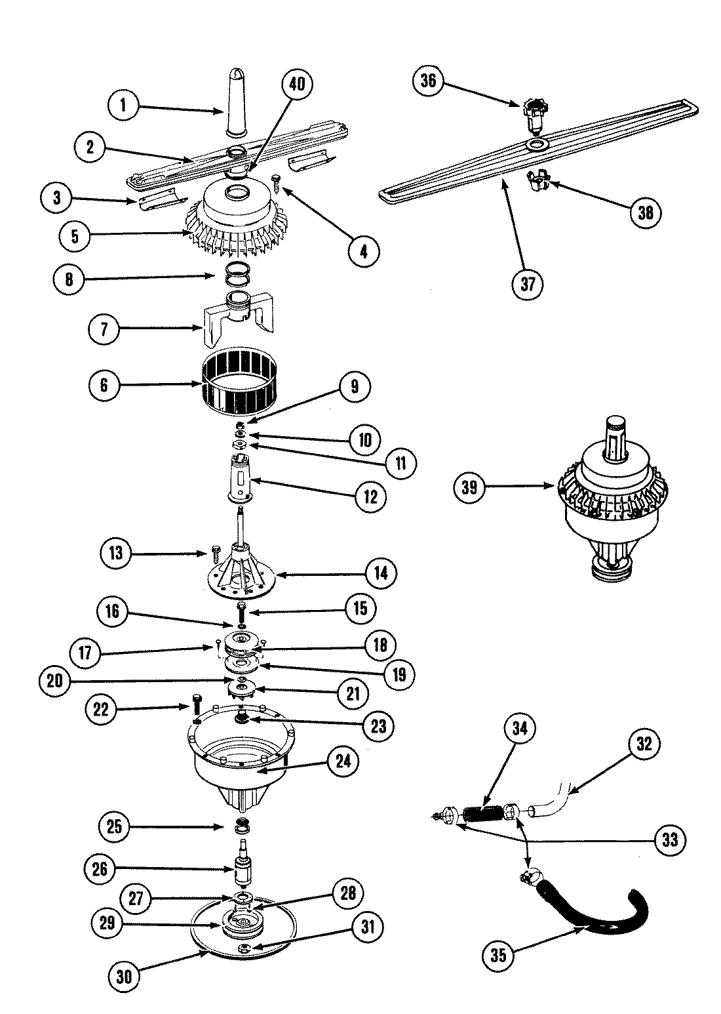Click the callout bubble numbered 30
click(x=125, y=977)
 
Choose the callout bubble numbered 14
click(x=381, y=573)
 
